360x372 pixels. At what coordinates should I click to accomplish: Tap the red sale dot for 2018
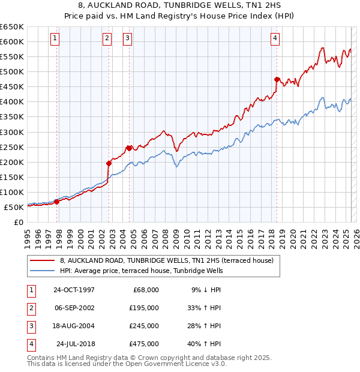click(277, 79)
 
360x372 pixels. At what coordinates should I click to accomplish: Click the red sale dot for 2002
click(109, 163)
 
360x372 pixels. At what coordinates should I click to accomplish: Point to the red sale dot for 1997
click(57, 202)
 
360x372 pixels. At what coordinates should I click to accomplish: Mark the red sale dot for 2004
click(129, 148)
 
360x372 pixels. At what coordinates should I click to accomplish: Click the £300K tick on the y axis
click(12, 132)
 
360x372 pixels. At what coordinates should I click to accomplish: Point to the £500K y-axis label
click(12, 71)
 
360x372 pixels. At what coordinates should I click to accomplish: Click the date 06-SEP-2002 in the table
click(74, 307)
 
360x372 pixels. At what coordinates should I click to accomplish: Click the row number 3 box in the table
click(30, 326)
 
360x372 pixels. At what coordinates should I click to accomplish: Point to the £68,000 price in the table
click(144, 289)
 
